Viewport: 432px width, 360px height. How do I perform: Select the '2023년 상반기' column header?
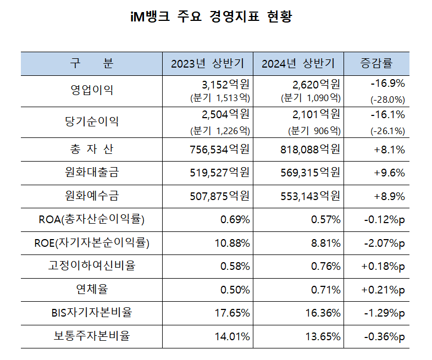coord(208,63)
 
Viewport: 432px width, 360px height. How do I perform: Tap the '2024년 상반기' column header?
coord(298,63)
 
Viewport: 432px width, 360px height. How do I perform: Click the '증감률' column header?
coord(376,63)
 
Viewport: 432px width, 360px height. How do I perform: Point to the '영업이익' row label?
coord(92,90)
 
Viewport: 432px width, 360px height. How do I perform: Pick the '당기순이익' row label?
coord(92,121)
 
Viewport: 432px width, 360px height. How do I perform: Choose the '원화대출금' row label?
coord(92,173)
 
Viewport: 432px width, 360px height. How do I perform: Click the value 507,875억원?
coord(218,196)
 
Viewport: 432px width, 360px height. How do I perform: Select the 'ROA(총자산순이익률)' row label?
coord(92,220)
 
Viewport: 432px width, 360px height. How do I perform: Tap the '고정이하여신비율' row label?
coord(92,267)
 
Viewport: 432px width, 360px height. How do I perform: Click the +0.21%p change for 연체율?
coord(383,290)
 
